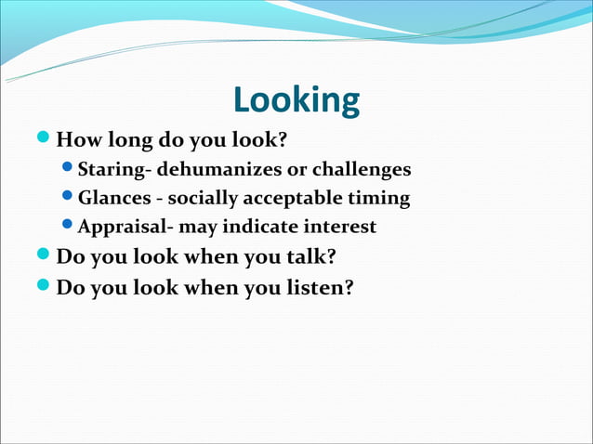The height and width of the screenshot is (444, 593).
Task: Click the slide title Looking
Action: point(296,100)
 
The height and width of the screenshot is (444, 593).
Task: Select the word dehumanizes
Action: point(210,170)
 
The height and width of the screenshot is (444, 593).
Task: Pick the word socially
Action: point(202,198)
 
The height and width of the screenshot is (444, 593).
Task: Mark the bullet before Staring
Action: point(68,169)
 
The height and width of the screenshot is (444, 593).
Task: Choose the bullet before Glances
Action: point(68,197)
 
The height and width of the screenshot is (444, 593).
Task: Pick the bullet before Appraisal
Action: point(68,225)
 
